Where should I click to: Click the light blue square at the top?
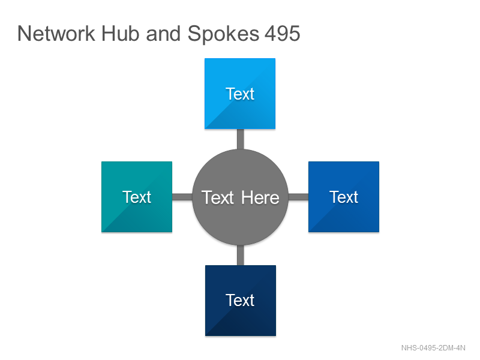tap(240, 94)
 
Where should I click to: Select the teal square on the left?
tap(137, 197)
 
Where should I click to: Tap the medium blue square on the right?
tap(344, 197)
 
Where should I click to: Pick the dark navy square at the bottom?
tap(241, 301)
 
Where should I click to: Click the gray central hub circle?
tap(241, 197)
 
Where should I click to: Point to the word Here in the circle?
tap(260, 197)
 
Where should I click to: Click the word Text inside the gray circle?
tap(218, 197)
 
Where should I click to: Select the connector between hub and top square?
tap(241, 139)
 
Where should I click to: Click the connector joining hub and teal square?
tap(182, 197)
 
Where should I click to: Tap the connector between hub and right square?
tap(298, 197)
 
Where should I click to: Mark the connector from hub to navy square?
tap(241, 255)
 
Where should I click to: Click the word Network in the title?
tap(56, 34)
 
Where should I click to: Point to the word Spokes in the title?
tap(223, 34)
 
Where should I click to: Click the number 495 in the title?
tap(282, 34)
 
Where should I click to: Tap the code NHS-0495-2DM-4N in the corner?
tap(433, 348)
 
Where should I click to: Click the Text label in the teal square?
tap(137, 197)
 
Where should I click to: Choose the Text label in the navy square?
tap(240, 300)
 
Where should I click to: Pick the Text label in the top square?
tap(240, 94)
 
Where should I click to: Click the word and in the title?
tap(163, 34)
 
